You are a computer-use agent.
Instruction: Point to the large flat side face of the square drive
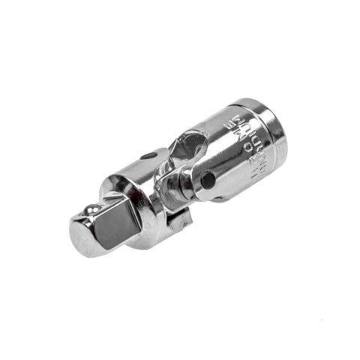112,228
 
